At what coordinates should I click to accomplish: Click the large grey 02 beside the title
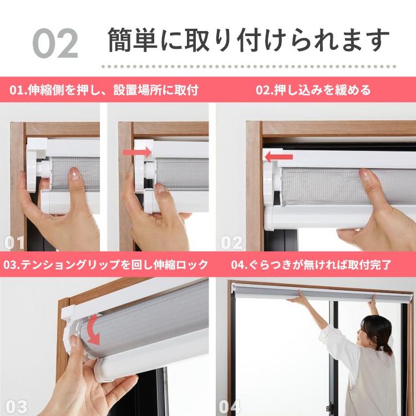point(55,43)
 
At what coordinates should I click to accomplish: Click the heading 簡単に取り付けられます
point(248,40)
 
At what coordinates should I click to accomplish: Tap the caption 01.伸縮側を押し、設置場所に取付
point(104,90)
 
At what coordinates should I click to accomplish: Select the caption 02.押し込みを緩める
point(313,90)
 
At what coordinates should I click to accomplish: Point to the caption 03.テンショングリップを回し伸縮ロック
point(105,265)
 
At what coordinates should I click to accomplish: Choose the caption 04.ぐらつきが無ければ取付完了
point(311,265)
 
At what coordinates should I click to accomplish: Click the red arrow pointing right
point(137,152)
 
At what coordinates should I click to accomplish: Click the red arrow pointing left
point(278,157)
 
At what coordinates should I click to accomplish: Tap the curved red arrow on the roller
point(92,330)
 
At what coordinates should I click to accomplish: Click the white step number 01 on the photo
point(14,243)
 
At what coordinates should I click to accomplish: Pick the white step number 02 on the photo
point(232,243)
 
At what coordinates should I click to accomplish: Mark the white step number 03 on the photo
point(16,407)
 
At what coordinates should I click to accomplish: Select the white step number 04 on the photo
point(230,407)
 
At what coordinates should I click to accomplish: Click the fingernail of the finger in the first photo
point(75,174)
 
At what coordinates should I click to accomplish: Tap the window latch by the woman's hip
point(330,407)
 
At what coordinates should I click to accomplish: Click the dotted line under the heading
point(248,67)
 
